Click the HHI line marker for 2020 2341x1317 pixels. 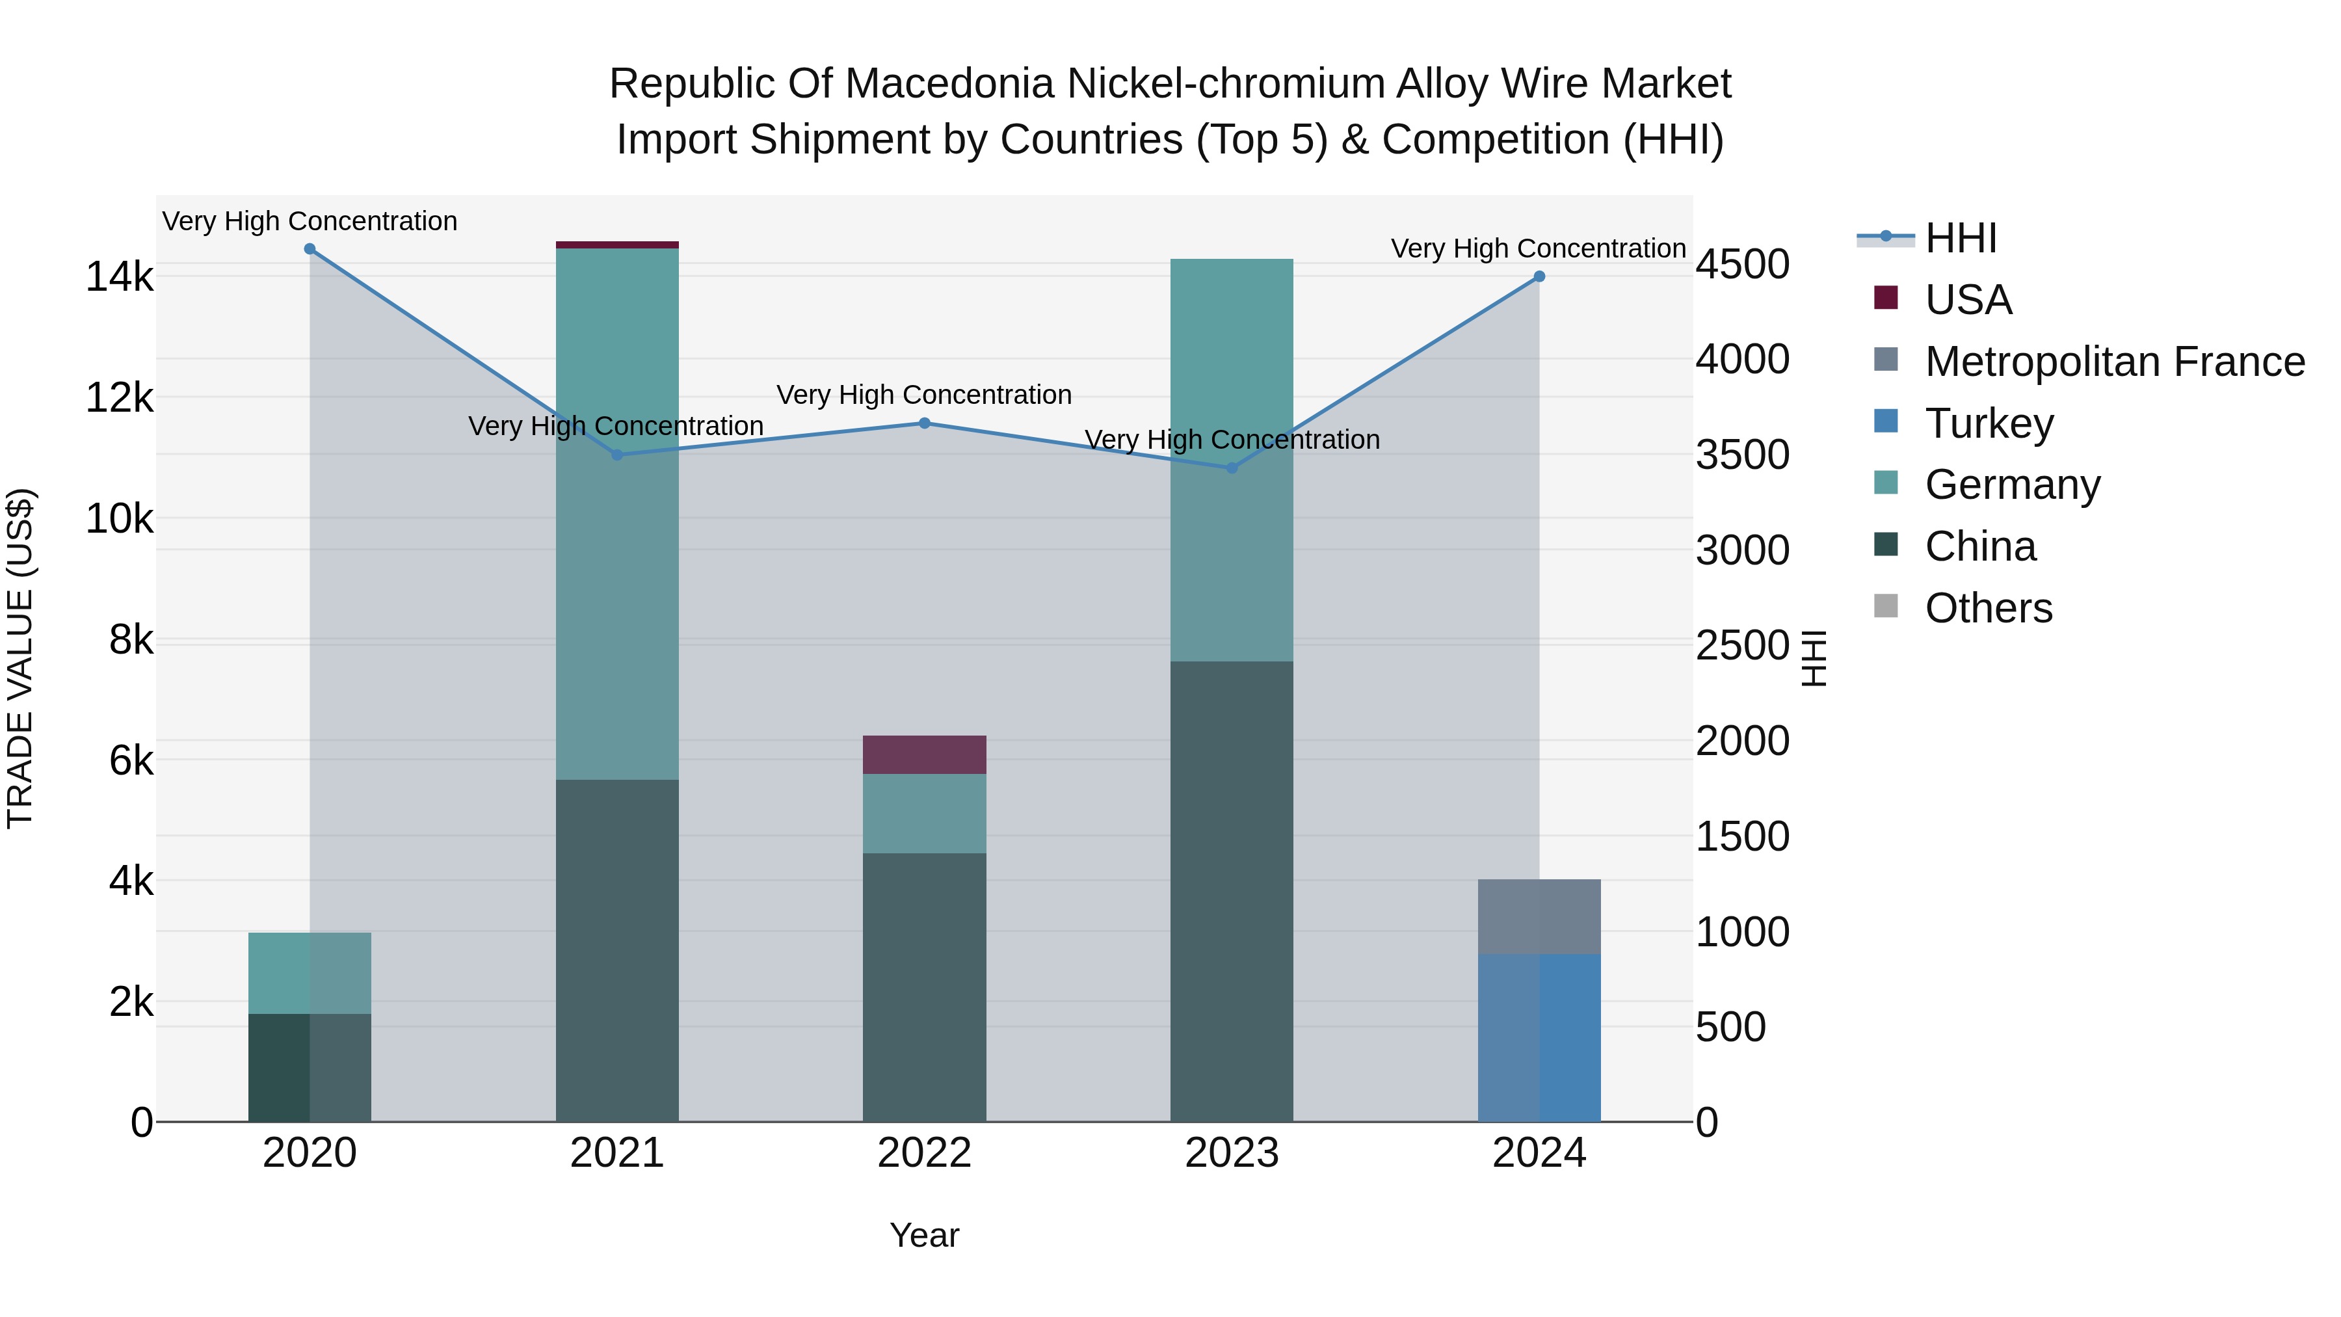tap(310, 249)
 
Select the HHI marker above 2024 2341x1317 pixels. tap(1539, 276)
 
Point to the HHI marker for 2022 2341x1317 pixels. tap(924, 423)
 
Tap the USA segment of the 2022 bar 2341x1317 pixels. tap(924, 754)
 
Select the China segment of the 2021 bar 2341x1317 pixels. tap(617, 950)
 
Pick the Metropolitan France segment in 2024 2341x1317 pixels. tap(1539, 916)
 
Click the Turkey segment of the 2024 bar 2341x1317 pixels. tap(1539, 1037)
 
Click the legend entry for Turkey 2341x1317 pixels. tap(1989, 423)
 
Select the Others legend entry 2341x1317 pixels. tap(1989, 608)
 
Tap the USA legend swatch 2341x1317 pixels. tap(1886, 298)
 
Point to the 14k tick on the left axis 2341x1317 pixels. tap(119, 276)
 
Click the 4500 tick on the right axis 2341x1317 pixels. tap(1742, 265)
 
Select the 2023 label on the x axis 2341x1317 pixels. tap(1232, 1153)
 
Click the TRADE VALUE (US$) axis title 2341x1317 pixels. tap(20, 658)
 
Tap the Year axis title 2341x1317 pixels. tap(924, 1235)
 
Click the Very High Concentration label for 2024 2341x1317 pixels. tap(1538, 248)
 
